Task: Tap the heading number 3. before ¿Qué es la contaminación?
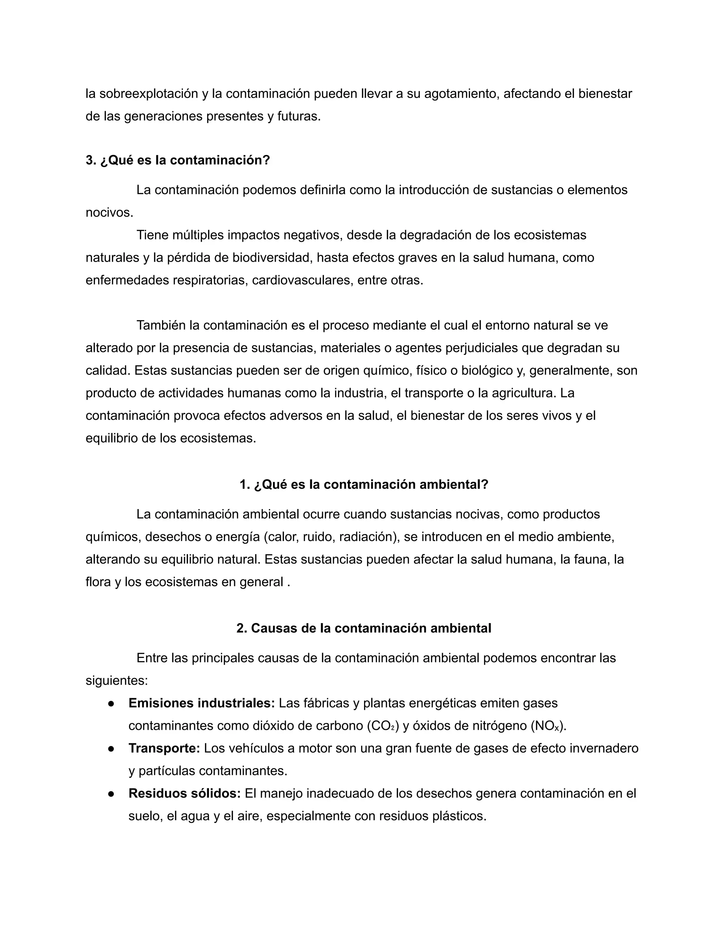(x=91, y=160)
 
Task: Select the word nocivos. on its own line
(x=109, y=213)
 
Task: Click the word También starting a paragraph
(x=161, y=325)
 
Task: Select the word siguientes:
(x=117, y=681)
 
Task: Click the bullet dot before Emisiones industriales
(x=111, y=703)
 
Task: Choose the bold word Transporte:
(x=164, y=749)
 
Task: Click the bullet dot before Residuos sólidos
(x=111, y=794)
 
